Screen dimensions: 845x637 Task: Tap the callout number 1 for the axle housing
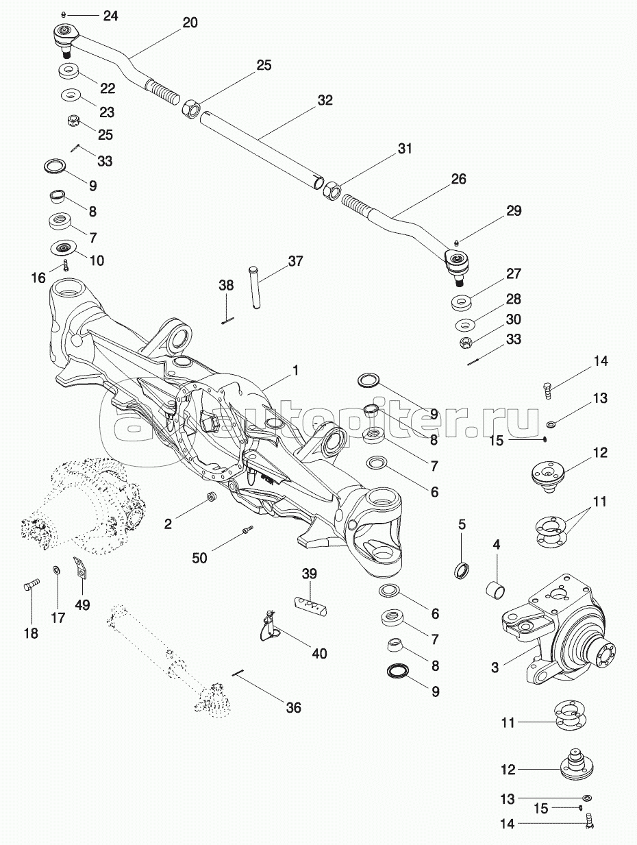tap(295, 371)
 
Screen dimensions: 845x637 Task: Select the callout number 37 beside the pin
tap(295, 260)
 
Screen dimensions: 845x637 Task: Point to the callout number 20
tap(190, 23)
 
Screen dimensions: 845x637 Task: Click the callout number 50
tap(199, 558)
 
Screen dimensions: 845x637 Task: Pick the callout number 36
tap(292, 708)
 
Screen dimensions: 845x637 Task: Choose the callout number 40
tap(319, 653)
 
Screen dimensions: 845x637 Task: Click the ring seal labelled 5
tap(462, 569)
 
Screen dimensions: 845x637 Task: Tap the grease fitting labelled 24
tap(63, 14)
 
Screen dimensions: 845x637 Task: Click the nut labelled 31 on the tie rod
tap(331, 189)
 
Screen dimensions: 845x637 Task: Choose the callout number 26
tap(458, 180)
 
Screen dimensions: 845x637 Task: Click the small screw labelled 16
tap(64, 265)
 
